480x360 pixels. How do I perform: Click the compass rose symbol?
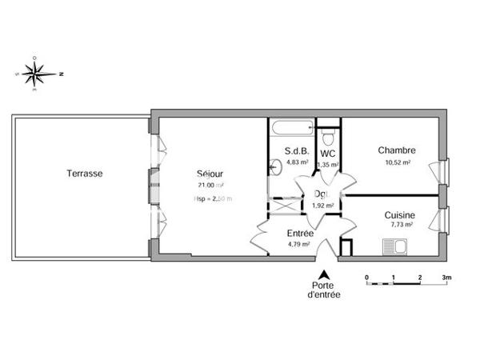(34, 74)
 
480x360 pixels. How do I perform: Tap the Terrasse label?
(84, 173)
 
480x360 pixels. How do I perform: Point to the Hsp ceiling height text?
(213, 198)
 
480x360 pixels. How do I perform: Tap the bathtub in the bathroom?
(290, 128)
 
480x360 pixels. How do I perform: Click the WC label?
(327, 152)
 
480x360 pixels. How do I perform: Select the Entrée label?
(300, 234)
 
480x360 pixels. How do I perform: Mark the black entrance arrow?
(324, 274)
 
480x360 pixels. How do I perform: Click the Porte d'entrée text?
(324, 290)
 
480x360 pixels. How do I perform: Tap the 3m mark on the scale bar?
(446, 278)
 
